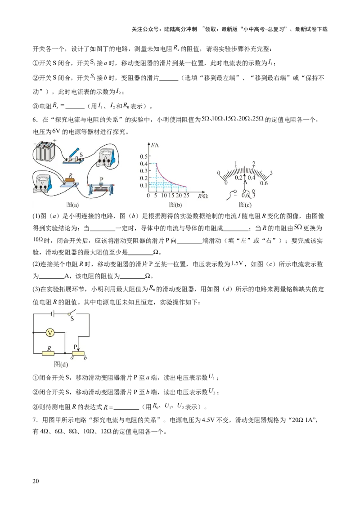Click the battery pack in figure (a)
45,152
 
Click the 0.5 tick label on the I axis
143,156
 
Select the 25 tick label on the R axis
186,196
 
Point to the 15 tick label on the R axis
171,196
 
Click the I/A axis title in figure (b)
156,144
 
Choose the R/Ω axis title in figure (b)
202,196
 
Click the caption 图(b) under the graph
175,205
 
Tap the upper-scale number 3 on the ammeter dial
271,173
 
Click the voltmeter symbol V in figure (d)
51,333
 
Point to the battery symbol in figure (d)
53,313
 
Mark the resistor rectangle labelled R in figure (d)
48,353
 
